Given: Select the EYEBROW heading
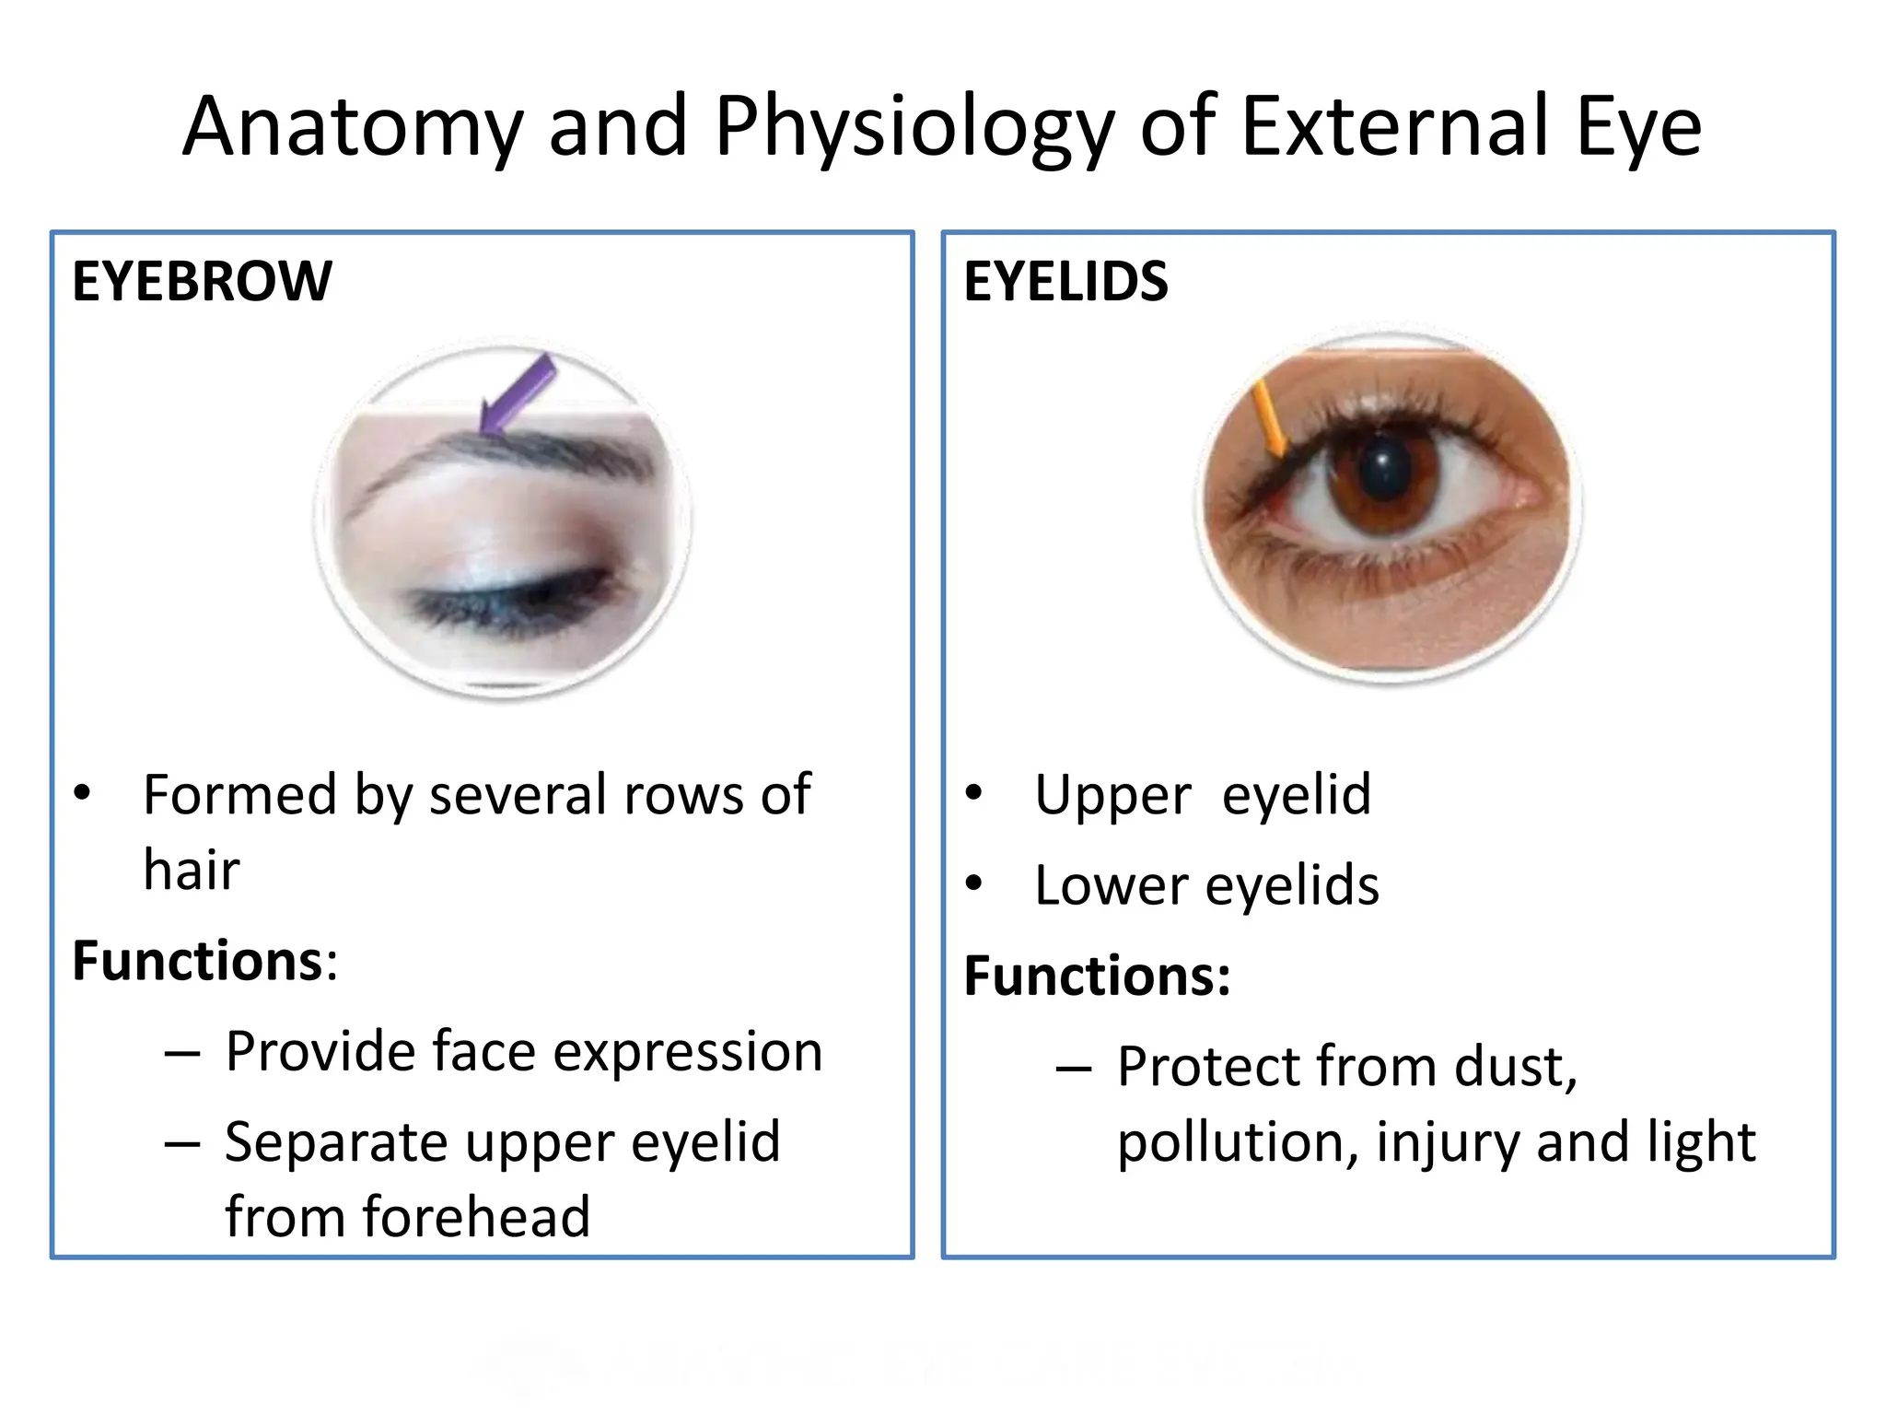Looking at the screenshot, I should (202, 281).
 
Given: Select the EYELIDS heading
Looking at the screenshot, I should (1065, 281).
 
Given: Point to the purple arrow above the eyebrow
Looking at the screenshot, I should (518, 393).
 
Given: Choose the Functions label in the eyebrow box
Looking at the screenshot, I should (197, 961).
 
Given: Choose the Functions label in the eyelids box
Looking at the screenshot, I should (1096, 976).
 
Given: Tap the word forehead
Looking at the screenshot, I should (475, 1216).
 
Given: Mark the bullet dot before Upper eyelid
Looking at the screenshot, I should (973, 793).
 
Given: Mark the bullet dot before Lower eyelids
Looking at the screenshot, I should (973, 884).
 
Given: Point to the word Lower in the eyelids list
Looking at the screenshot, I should (1112, 885).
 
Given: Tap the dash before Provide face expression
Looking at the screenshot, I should (182, 1053).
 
